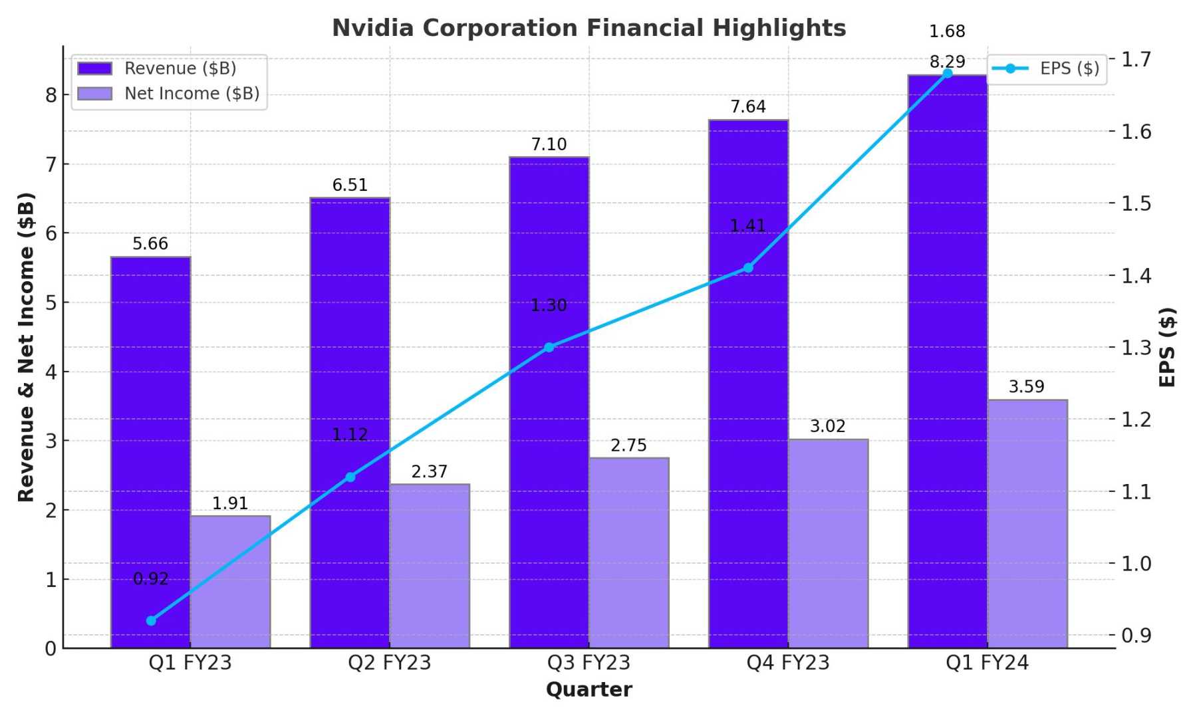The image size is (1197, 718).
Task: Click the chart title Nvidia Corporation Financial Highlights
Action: (x=589, y=28)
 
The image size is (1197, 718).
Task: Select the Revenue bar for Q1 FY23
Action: (x=150, y=452)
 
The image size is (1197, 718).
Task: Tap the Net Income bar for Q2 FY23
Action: (x=430, y=566)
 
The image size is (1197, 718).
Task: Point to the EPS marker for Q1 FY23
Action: (x=151, y=621)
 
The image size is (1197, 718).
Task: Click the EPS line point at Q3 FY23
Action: (x=549, y=347)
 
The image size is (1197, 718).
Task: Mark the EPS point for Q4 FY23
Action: (x=748, y=268)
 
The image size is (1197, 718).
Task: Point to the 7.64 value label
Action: (x=748, y=106)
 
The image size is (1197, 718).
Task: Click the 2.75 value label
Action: (x=628, y=445)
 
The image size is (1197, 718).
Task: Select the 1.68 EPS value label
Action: (x=947, y=31)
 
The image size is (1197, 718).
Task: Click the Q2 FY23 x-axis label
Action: (x=390, y=663)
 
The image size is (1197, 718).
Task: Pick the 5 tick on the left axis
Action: (x=51, y=302)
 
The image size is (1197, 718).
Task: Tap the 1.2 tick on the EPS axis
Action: (x=1136, y=419)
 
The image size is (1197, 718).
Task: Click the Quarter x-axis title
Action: (x=589, y=690)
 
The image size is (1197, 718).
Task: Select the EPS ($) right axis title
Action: (x=1167, y=347)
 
